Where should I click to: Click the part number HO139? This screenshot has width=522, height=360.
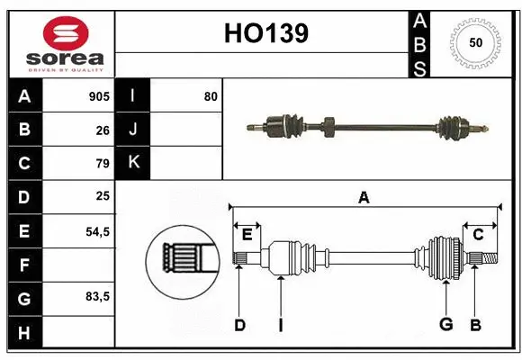[265, 33]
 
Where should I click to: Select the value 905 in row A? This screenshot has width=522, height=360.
[98, 96]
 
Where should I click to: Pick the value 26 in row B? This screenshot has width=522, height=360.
[103, 130]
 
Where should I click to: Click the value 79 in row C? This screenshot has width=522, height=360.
[103, 163]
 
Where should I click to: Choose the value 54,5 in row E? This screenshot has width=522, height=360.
[96, 230]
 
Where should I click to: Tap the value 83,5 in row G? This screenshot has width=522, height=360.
[96, 297]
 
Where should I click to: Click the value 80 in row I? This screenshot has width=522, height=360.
[211, 96]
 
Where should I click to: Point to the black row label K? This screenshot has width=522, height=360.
[133, 163]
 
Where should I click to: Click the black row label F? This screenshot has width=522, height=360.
[23, 265]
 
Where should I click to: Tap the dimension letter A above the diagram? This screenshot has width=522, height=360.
[364, 197]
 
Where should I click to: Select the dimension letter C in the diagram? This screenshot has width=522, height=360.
[478, 235]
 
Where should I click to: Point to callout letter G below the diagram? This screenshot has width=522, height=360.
[445, 325]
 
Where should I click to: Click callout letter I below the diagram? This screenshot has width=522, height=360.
[280, 325]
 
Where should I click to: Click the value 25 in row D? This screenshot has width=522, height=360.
[103, 197]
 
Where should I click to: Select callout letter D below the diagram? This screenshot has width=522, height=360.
[239, 325]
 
